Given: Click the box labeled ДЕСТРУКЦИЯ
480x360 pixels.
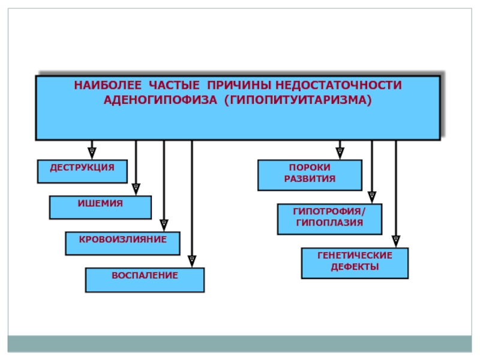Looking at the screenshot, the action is click(x=82, y=172).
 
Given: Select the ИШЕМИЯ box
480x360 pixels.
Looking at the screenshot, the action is click(x=100, y=208).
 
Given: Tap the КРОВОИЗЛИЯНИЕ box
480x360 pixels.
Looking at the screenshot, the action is click(x=123, y=244).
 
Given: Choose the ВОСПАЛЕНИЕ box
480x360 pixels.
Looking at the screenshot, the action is click(x=145, y=280).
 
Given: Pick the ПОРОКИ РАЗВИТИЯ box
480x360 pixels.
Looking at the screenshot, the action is click(x=310, y=175).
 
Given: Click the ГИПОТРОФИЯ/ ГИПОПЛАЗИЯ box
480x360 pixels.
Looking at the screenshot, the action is click(x=329, y=219).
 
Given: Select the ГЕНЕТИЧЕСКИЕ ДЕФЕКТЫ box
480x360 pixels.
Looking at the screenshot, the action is click(x=355, y=263).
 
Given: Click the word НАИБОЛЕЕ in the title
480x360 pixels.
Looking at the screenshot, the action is click(x=108, y=85).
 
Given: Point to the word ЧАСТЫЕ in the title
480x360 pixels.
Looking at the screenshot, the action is click(x=174, y=85).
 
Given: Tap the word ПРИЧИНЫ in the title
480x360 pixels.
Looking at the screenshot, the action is click(x=239, y=85).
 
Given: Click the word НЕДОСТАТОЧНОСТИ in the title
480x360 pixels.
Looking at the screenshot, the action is click(x=338, y=85).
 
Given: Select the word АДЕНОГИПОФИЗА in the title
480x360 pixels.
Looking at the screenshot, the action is click(x=160, y=100).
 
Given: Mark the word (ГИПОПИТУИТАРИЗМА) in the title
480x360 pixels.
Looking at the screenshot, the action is click(x=298, y=100).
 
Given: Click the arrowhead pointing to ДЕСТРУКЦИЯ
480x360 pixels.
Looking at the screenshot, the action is click(x=92, y=153).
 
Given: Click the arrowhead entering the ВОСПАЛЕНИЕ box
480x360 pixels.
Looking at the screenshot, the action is click(x=191, y=261).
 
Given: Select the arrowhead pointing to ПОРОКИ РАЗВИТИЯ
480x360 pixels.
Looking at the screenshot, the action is click(x=340, y=153).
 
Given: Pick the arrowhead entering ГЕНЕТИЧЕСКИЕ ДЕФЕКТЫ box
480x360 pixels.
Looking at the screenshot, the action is click(x=396, y=241).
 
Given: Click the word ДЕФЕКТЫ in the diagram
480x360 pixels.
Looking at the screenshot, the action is click(x=355, y=267).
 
